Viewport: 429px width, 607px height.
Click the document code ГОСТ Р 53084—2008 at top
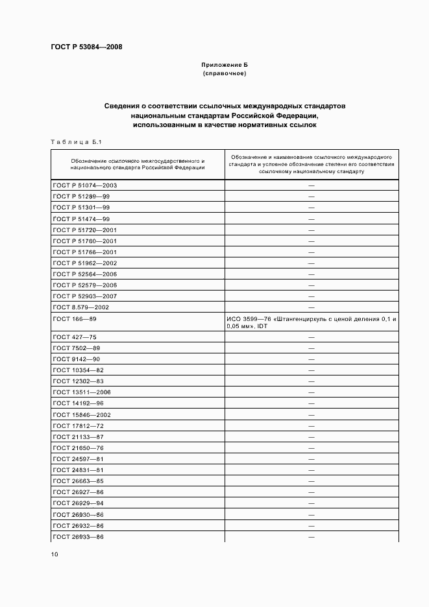pos(86,47)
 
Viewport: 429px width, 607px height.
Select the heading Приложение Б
pos(224,65)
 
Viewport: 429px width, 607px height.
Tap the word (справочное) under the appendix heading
pos(224,73)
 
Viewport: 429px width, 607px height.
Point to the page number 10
pos(54,554)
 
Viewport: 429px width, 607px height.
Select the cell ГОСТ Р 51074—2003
pos(84,185)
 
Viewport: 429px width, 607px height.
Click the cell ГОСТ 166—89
pos(75,318)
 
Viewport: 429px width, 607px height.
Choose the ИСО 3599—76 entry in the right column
pos(312,322)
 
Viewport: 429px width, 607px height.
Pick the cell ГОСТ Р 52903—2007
pos(84,296)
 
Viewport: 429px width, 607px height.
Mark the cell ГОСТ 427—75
pos(75,337)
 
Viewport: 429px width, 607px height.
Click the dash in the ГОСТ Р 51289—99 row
pos(312,196)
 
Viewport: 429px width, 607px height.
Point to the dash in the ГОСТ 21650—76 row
pos(312,448)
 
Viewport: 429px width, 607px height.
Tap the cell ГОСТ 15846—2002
pos(82,414)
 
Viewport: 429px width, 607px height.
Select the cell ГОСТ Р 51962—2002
pos(84,263)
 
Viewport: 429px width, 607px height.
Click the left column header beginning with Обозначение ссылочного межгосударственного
pos(138,163)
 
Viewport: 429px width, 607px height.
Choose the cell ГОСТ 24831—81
pos(78,470)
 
